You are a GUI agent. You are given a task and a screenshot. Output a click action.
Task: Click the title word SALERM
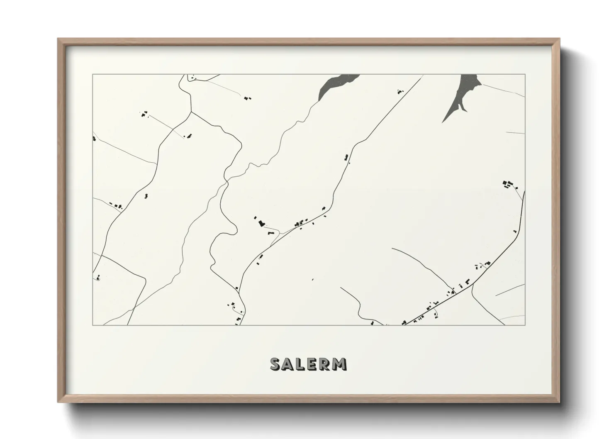[308, 364]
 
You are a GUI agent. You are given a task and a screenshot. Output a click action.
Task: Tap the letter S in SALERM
[275, 364]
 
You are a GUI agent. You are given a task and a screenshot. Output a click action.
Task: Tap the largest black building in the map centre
[261, 223]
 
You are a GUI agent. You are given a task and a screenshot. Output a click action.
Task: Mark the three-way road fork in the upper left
[190, 112]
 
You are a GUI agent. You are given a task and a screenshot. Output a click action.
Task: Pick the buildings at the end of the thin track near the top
[248, 98]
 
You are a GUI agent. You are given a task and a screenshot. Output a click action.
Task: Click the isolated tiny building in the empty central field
[312, 279]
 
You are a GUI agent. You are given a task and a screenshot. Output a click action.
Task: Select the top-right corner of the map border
[525, 75]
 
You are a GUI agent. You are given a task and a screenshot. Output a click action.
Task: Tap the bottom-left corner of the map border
[93, 325]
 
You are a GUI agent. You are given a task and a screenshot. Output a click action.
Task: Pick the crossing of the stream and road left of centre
[227, 181]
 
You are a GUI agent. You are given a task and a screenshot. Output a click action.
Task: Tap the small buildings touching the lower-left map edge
[98, 277]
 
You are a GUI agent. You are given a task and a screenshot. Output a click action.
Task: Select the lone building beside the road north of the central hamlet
[345, 157]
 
